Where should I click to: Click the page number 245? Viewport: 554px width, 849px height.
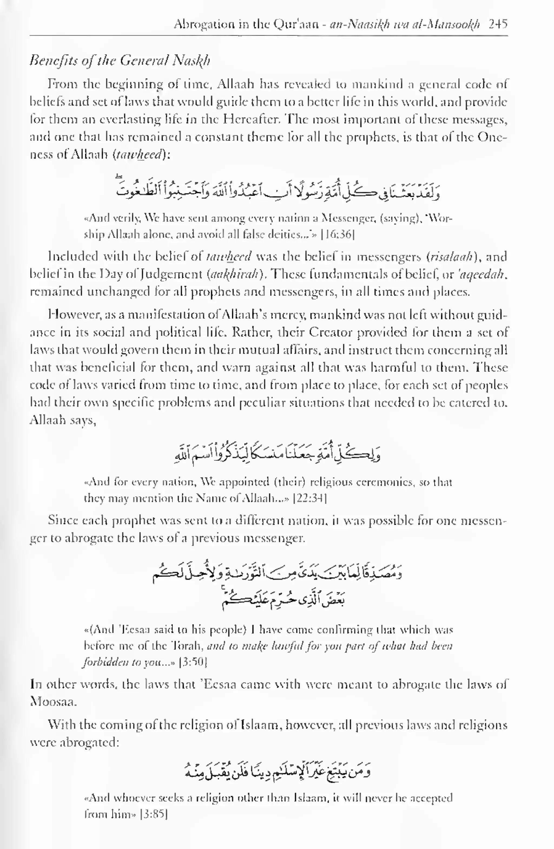(498, 24)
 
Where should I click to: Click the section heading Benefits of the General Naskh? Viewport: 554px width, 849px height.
(120, 61)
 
